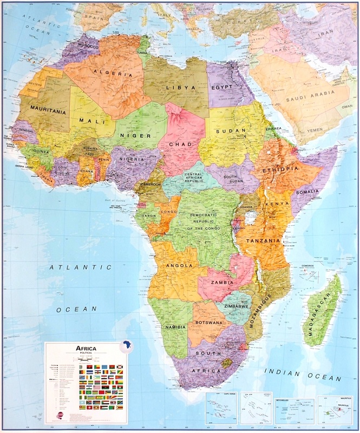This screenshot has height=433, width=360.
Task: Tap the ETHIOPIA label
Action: pyautogui.click(x=280, y=169)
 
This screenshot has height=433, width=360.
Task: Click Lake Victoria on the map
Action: pyautogui.click(x=250, y=218)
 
